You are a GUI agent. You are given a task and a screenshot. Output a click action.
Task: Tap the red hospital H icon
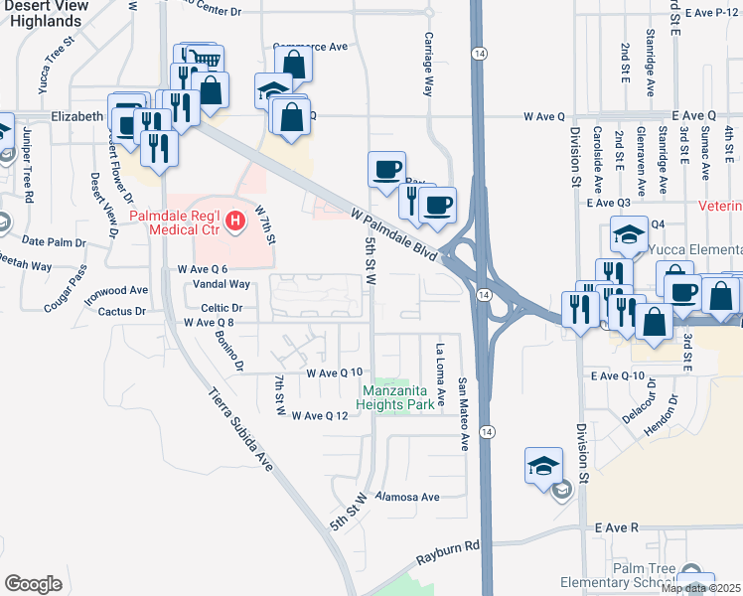[235, 221]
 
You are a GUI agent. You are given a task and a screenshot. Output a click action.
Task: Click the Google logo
[33, 584]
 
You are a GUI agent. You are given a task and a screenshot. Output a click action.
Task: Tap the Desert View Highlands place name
[42, 14]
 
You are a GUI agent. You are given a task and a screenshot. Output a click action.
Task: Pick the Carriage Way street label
[428, 74]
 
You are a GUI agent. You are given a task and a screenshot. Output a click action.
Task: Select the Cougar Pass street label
[70, 282]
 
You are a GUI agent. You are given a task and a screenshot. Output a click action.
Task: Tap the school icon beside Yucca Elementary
[629, 234]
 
